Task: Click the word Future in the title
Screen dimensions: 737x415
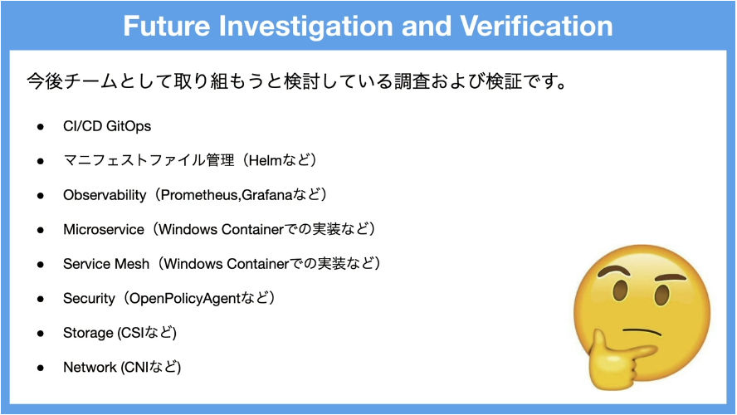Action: click(166, 26)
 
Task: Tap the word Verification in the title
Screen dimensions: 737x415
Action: click(536, 26)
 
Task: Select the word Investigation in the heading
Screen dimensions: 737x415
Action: click(305, 27)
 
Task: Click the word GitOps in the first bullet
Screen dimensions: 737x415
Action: click(129, 126)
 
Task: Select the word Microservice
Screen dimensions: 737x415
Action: click(104, 229)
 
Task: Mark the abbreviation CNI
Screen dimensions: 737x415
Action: click(137, 367)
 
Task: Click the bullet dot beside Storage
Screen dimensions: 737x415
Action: click(41, 334)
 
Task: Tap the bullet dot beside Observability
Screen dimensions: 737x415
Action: click(41, 196)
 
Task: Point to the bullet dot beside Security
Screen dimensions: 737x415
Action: click(41, 299)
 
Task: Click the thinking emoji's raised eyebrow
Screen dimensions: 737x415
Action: click(616, 271)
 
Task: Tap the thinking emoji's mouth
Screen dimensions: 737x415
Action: click(642, 331)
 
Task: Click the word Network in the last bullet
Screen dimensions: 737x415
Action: click(90, 367)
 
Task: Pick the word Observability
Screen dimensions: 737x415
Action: click(105, 195)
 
